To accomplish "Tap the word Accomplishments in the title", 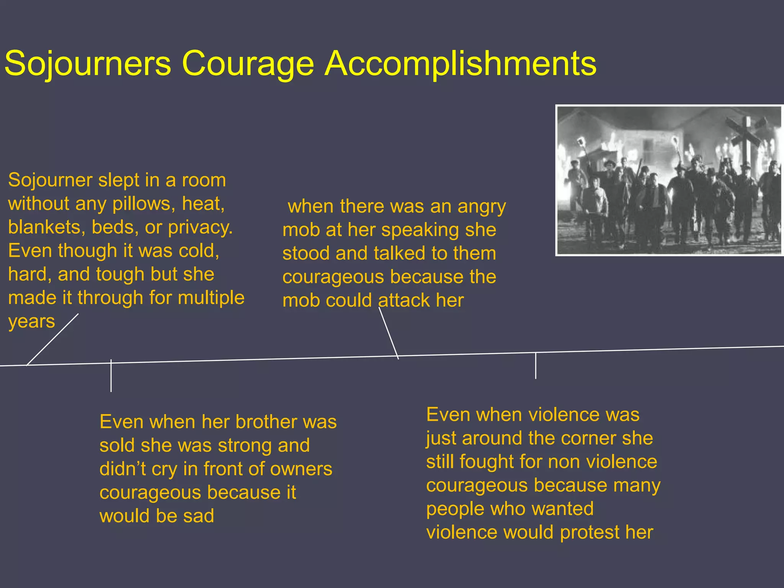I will pos(460,64).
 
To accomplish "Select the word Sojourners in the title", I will pos(88,64).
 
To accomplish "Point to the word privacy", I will pos(200,227).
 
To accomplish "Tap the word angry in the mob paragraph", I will pos(482,207).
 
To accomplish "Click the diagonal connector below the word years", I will pos(52,340).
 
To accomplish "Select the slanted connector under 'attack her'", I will pos(389,333).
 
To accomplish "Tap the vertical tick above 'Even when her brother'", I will pos(111,376).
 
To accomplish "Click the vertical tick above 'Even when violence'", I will pos(536,366).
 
